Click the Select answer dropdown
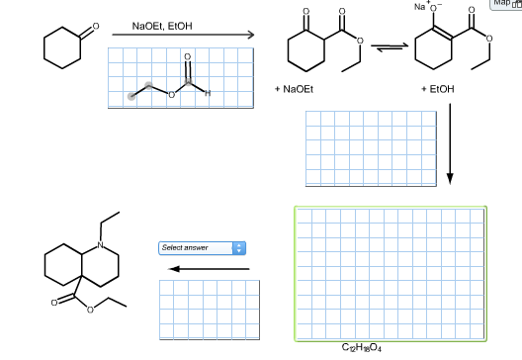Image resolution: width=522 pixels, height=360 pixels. point(202,246)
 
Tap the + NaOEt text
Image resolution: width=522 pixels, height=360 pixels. point(295,89)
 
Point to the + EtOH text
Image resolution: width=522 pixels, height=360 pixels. point(437,89)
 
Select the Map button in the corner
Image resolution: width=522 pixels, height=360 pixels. point(504,7)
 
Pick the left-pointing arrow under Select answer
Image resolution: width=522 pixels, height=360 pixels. point(208,268)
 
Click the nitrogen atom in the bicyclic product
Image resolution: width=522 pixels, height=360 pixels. point(100,244)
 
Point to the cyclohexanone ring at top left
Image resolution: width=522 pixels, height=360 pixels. point(62,49)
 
